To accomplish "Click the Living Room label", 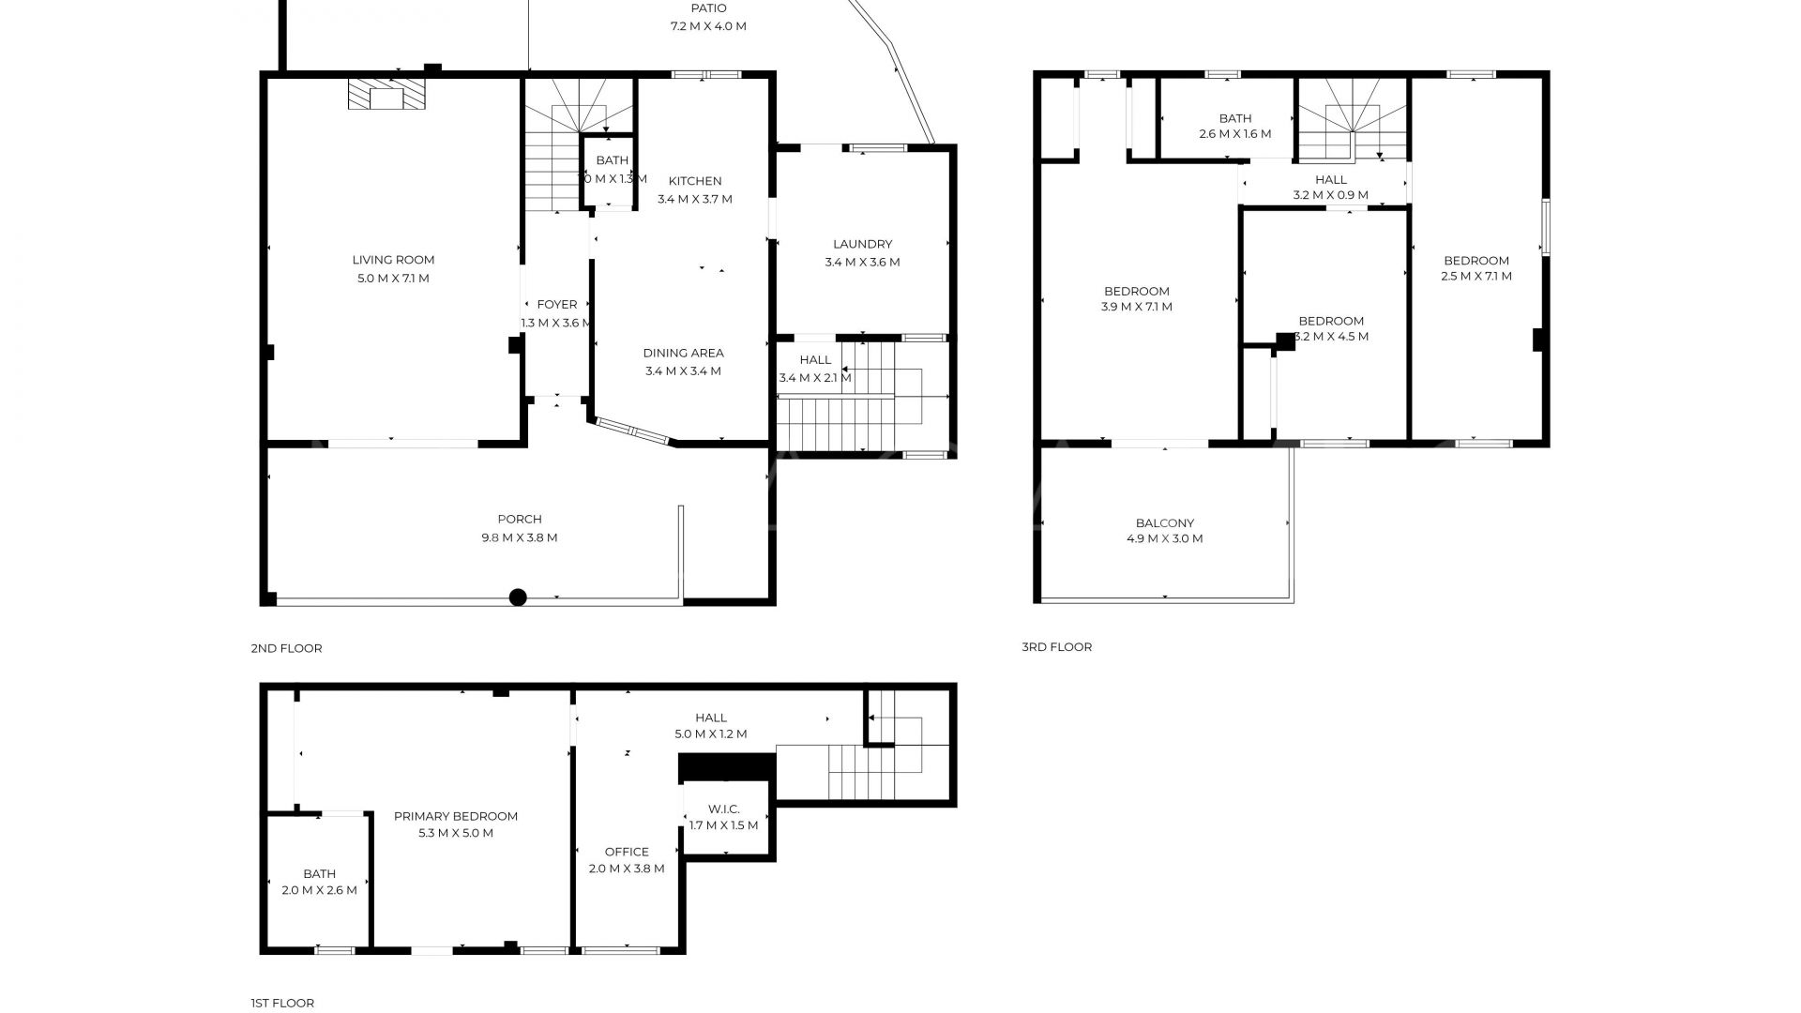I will pyautogui.click(x=393, y=260).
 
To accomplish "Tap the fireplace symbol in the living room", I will pyautogui.click(x=386, y=94).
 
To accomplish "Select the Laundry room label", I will pyautogui.click(x=862, y=244).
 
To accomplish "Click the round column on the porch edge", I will pyautogui.click(x=518, y=597).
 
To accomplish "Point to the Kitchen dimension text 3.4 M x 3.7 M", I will pyautogui.click(x=694, y=199).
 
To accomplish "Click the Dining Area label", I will pyautogui.click(x=683, y=353).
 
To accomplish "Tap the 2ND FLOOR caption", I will pyautogui.click(x=286, y=648).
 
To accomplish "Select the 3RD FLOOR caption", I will pyautogui.click(x=1056, y=647).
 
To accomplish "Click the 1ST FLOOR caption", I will pyautogui.click(x=282, y=1003).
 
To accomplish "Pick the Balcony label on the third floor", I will pyautogui.click(x=1164, y=523).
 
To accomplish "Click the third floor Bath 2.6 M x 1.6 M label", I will pyautogui.click(x=1234, y=118).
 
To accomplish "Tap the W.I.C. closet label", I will pyautogui.click(x=723, y=809).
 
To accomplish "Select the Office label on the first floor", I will pyautogui.click(x=627, y=852).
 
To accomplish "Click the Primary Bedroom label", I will pyautogui.click(x=455, y=816).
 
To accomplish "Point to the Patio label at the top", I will pyautogui.click(x=708, y=8).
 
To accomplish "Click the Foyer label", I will pyautogui.click(x=556, y=304).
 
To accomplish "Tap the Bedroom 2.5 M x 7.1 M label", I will pyautogui.click(x=1476, y=261).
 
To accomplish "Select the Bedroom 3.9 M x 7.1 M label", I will pyautogui.click(x=1136, y=291).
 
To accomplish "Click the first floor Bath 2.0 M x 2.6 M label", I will pyautogui.click(x=319, y=873).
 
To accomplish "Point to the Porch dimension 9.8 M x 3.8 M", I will pyautogui.click(x=519, y=537).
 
